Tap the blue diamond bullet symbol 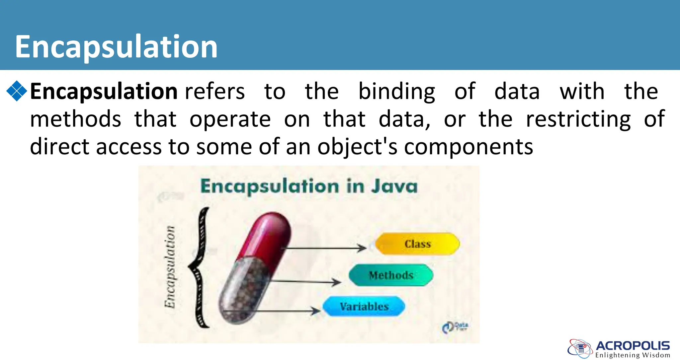click(x=17, y=91)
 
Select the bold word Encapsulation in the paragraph click(x=104, y=92)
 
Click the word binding click(x=396, y=92)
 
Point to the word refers click(x=215, y=92)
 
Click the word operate click(x=230, y=119)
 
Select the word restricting click(x=578, y=119)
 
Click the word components click(x=468, y=147)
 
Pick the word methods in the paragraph click(x=76, y=119)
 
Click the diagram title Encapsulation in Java click(x=309, y=186)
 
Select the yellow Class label click(x=418, y=244)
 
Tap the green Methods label click(x=391, y=275)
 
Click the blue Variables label click(x=364, y=306)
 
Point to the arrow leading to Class click(x=325, y=248)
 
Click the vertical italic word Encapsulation click(x=170, y=267)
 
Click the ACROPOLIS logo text click(x=633, y=346)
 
